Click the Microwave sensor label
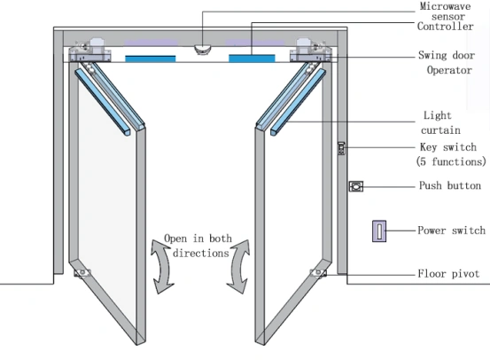click(x=446, y=11)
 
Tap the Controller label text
click(x=446, y=27)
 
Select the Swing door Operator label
click(x=447, y=63)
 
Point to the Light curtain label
click(x=440, y=122)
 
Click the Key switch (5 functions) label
click(x=451, y=154)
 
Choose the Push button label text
click(x=450, y=185)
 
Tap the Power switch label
click(x=451, y=231)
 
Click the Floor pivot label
click(x=448, y=274)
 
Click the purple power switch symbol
click(x=379, y=231)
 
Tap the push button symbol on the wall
click(x=356, y=186)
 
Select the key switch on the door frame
click(x=341, y=148)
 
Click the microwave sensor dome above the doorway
click(x=203, y=49)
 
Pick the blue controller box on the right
click(x=252, y=59)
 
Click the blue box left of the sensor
click(x=151, y=59)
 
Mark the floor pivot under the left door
click(x=82, y=273)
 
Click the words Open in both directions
click(x=198, y=246)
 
